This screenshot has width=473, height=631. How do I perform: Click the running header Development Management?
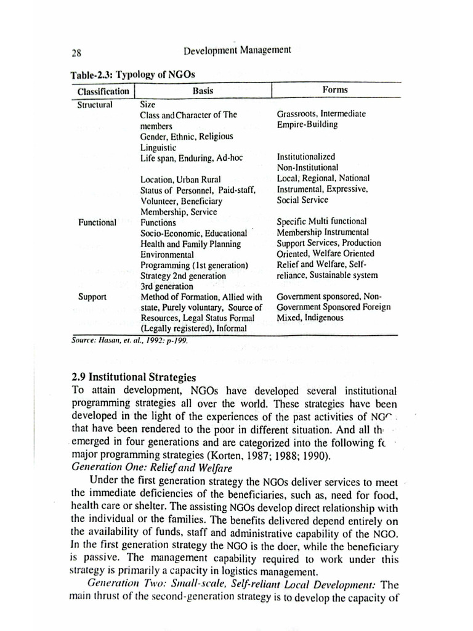point(237,50)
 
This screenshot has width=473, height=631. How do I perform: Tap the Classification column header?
point(103,91)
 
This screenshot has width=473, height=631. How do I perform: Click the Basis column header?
point(203,91)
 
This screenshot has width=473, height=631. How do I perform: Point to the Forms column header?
point(335,90)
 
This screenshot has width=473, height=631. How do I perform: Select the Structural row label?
point(95,104)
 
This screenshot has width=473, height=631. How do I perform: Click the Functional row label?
point(97,222)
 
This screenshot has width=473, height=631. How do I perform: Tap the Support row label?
point(92,296)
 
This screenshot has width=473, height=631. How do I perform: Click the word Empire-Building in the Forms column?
point(307,124)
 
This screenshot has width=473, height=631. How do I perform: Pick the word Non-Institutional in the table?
point(307,168)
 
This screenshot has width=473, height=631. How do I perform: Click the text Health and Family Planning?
point(191,244)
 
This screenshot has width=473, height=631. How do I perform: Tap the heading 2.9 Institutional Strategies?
point(134,377)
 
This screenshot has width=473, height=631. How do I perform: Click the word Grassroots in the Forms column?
point(297,114)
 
